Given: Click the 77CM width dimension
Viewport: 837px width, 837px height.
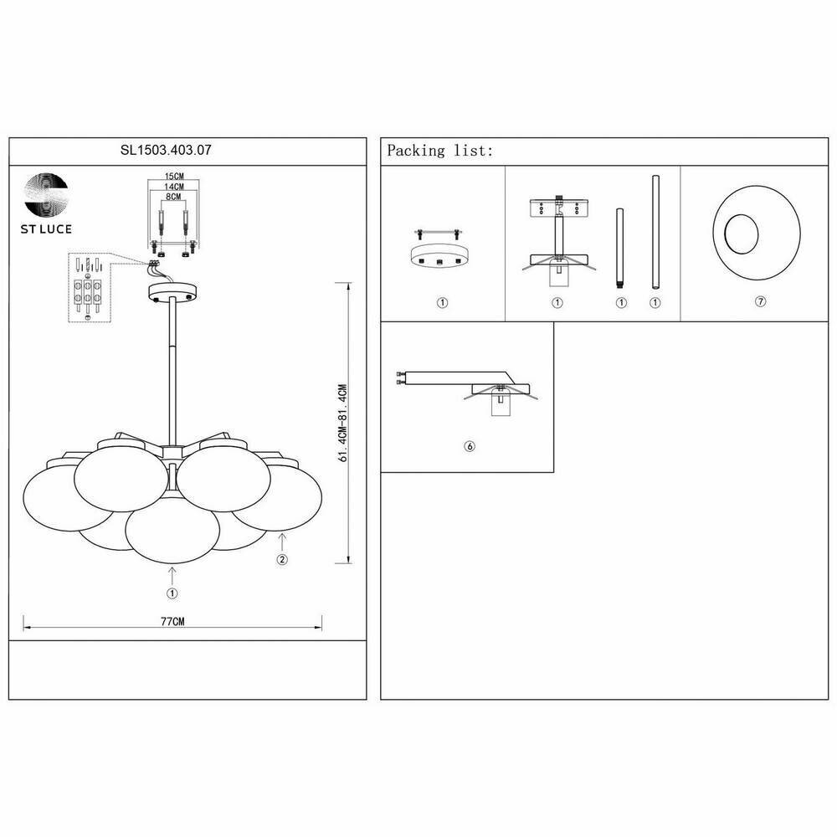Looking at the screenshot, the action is tap(172, 622).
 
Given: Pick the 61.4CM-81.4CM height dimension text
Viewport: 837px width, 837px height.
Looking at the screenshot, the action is tap(341, 424).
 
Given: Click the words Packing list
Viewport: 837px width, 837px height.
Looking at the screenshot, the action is tap(439, 151).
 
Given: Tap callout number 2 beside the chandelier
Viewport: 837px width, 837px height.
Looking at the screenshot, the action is tap(282, 560).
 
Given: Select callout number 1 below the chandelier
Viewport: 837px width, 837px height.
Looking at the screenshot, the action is tap(172, 593).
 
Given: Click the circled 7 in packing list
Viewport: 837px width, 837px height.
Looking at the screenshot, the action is tap(760, 302).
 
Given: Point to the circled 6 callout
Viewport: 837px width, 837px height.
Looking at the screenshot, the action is tap(469, 447).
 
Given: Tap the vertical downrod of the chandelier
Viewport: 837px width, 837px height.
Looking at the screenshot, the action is tap(172, 360).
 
